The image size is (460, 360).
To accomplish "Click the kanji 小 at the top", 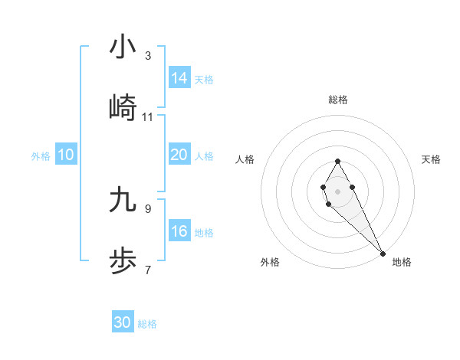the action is pos(123,47).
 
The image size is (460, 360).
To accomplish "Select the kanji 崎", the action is pos(123,108).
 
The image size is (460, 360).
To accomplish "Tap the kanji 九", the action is pos(123,199).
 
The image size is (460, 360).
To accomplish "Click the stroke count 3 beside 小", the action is pos(147,56).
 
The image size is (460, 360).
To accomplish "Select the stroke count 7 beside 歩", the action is pos(147,270).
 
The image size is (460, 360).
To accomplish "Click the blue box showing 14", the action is pos(179,78).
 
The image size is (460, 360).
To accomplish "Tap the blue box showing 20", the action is pos(179,155).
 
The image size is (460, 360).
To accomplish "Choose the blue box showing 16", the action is pos(179,231).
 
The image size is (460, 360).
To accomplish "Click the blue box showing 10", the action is pos(66,155).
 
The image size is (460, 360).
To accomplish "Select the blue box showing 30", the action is pos(123,322).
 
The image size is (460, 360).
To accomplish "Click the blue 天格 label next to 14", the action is pos(204,80).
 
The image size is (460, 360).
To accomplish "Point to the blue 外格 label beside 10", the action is pos(41,156).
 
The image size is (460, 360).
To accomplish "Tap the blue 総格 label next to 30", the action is pos(147,324).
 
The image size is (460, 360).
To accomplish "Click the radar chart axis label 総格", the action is pos(337,100).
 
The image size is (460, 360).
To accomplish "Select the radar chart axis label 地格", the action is pos(402,262).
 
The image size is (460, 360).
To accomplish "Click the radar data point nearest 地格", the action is pos(383,253).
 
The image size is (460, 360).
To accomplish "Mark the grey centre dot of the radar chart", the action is pos(337,190).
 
